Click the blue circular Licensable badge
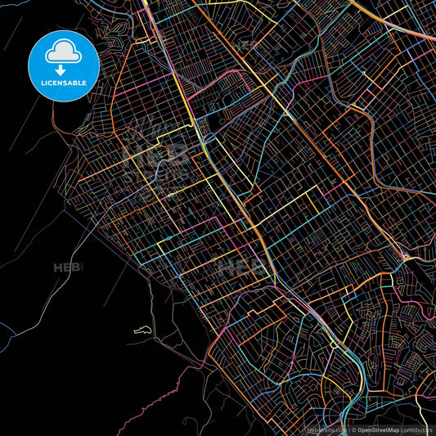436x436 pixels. point(64,66)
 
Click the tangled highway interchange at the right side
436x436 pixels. point(406,260)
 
